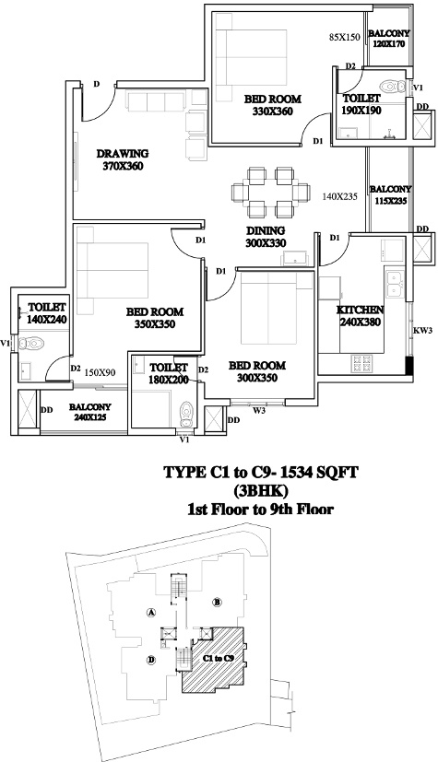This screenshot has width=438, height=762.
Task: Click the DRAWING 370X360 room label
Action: pos(123,159)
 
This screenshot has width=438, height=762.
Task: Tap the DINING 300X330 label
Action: pos(265,237)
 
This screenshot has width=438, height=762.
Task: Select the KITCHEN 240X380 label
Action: pos(361,316)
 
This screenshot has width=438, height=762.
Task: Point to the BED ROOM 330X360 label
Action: pos(272,105)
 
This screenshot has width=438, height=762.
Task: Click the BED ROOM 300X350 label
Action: pos(257,371)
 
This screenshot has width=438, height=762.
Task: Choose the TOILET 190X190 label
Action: pos(361,104)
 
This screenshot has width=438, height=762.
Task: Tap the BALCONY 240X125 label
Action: pos(90,412)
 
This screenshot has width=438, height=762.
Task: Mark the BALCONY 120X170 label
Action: pos(389,39)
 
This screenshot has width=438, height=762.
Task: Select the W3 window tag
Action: pos(258,411)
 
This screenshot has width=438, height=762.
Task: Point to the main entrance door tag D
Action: pos(97,84)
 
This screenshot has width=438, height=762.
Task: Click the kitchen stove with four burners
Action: pos(362,361)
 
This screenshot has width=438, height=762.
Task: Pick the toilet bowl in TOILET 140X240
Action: pos(31,343)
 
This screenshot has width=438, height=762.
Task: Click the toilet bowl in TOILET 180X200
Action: pos(186,414)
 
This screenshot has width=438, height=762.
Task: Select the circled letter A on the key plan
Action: pos(151,613)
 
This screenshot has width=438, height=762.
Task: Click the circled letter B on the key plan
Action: pos(218,603)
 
